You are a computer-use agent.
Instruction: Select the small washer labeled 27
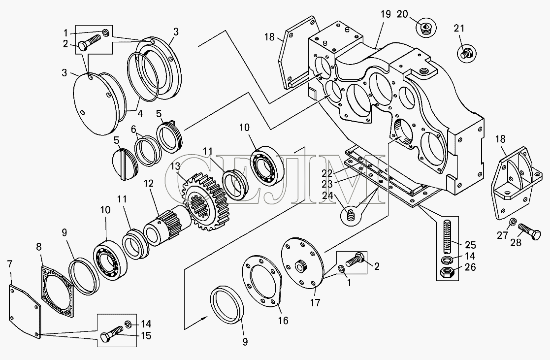[512, 223]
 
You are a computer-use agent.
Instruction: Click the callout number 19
[386, 14]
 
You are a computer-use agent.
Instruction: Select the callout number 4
[139, 114]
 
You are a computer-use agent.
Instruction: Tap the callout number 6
[133, 129]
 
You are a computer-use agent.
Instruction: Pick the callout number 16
[283, 321]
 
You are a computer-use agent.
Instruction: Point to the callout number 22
[328, 173]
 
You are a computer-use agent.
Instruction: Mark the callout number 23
[328, 184]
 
